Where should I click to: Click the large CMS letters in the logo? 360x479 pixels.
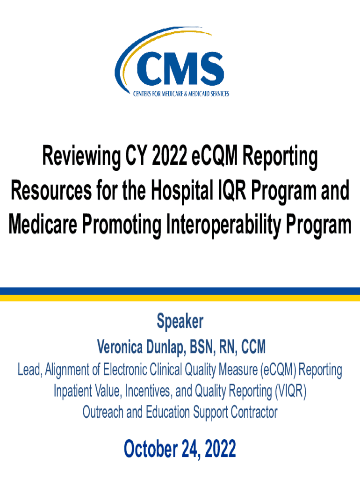tap(180, 69)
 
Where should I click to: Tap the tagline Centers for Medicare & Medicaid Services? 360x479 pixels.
tap(181, 94)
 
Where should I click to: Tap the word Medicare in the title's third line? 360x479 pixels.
tap(43, 225)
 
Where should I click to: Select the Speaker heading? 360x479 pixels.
tap(180, 322)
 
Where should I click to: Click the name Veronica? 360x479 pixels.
tap(120, 347)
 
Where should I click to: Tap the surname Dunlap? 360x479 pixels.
tap(165, 348)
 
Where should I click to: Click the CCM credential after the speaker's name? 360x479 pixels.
tap(253, 347)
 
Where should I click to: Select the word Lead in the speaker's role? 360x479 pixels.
tap(29, 370)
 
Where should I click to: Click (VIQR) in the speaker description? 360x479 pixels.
tap(290, 391)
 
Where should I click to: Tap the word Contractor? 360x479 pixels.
tap(254, 412)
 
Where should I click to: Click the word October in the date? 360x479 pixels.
tap(151, 449)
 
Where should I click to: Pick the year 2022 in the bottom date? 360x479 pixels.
tap(220, 449)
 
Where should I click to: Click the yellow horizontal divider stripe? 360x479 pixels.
tap(180, 298)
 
